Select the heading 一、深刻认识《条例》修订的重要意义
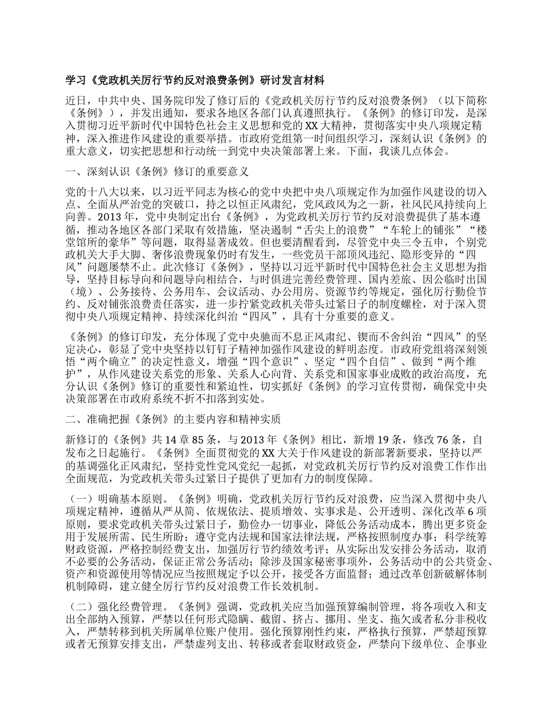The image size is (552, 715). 157,172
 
